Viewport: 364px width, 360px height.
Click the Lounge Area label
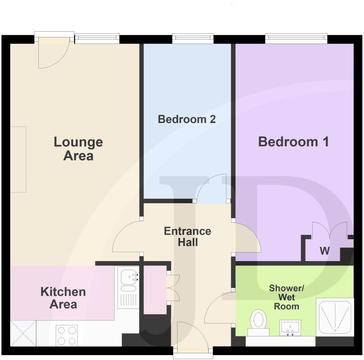(x=78, y=149)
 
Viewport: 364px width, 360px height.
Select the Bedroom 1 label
(x=294, y=142)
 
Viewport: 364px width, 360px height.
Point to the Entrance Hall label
(x=187, y=237)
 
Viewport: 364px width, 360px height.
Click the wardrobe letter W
(x=324, y=252)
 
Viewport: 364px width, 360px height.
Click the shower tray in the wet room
(x=334, y=317)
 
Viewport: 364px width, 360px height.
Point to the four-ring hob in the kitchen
(x=66, y=335)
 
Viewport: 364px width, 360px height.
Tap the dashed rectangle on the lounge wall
(x=18, y=160)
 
